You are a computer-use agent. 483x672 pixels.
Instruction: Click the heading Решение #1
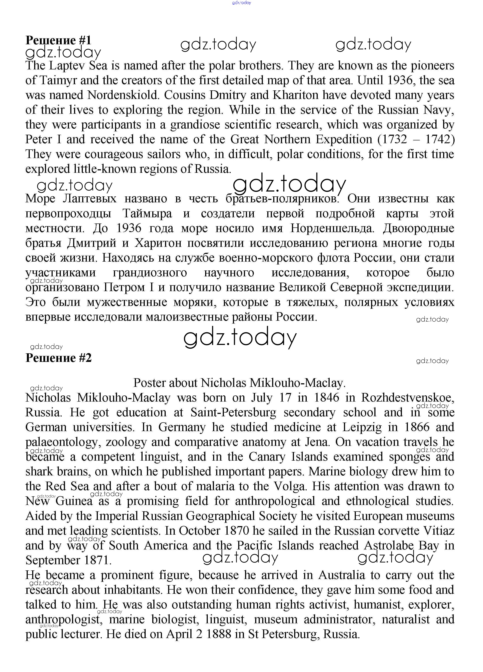point(58,40)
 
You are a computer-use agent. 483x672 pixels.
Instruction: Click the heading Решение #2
point(58,358)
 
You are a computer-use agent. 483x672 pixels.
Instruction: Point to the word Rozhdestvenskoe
point(407,398)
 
